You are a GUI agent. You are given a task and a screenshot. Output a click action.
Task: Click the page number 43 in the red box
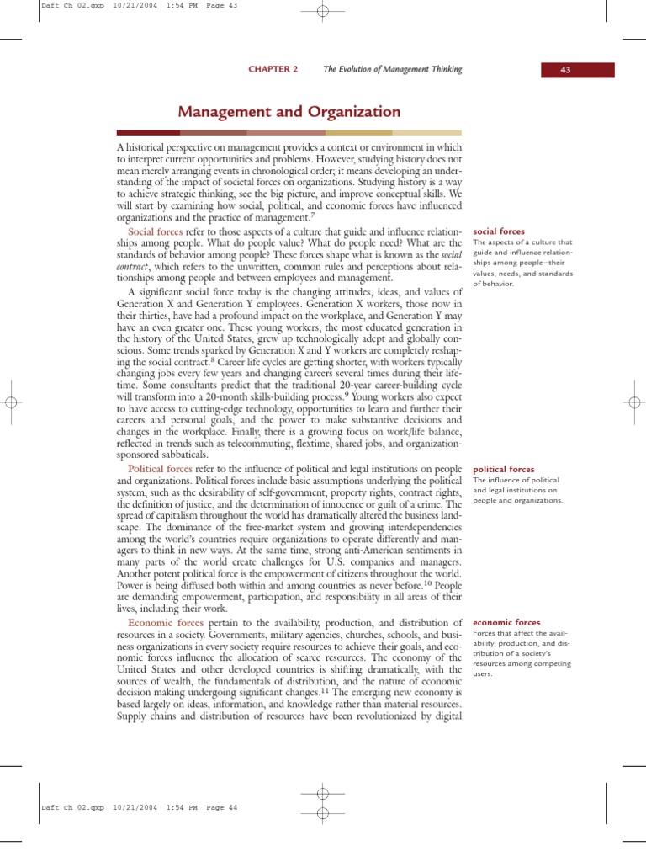(x=565, y=70)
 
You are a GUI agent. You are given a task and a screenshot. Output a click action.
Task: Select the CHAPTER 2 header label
(x=273, y=69)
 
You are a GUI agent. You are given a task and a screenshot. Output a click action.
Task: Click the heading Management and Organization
(x=289, y=111)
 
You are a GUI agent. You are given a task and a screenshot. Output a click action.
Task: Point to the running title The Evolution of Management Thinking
(x=393, y=69)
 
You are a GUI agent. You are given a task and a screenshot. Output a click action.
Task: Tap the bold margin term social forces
(x=500, y=231)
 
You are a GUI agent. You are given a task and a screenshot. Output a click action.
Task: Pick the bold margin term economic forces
(x=506, y=622)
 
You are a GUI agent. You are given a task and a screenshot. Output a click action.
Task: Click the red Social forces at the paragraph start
(x=155, y=231)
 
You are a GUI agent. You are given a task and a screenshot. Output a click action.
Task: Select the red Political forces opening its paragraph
(x=160, y=468)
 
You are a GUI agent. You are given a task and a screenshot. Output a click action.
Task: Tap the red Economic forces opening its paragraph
(x=164, y=622)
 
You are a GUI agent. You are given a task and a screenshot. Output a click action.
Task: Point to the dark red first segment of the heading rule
(x=147, y=132)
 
